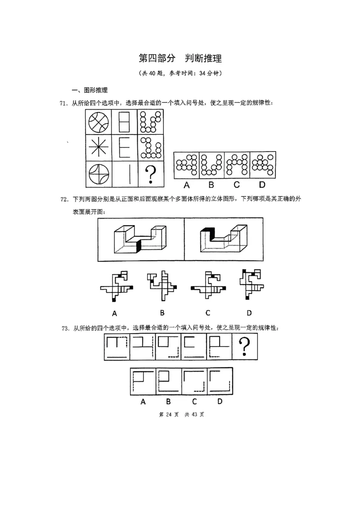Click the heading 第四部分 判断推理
click(180, 58)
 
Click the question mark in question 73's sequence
click(245, 347)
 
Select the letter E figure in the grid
click(125, 147)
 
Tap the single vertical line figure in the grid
click(125, 174)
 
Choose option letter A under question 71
click(186, 184)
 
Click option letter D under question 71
click(263, 184)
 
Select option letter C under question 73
click(194, 401)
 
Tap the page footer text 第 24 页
click(169, 415)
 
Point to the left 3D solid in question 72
click(140, 239)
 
